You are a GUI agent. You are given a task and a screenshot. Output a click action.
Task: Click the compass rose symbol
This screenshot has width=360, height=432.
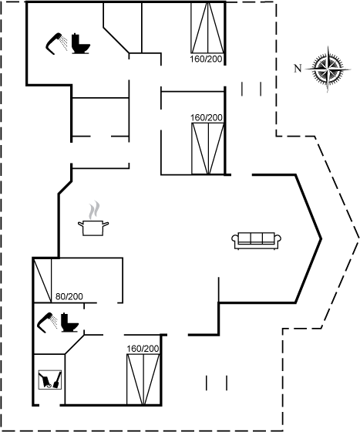coord(328,69)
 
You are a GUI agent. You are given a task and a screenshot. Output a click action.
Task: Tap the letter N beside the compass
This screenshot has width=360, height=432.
coord(298,68)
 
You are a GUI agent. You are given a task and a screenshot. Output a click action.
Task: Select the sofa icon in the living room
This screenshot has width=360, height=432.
coord(257,241)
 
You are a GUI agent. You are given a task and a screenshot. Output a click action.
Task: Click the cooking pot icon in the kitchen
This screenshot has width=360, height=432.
coord(93,228)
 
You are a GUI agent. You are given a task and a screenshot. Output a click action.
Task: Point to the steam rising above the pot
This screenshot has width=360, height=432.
coord(94,210)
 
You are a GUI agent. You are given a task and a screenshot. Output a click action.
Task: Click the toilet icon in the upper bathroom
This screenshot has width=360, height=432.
coord(81,43)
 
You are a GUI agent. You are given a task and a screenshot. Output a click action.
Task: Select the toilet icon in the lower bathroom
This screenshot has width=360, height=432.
coord(70,322)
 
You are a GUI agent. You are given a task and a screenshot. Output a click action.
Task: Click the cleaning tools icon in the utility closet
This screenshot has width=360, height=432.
coord(50,380)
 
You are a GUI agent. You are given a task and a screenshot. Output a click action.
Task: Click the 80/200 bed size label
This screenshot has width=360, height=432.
coord(69,297)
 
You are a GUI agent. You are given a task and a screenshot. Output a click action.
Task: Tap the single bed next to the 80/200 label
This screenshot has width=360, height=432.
coord(42,280)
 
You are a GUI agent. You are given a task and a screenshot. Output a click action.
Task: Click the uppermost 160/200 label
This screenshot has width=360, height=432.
coord(206,59)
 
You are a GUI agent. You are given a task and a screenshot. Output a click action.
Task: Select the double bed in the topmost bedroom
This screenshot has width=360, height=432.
coord(208,27)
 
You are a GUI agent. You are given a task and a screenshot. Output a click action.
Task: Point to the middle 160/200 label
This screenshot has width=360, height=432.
coord(207,117)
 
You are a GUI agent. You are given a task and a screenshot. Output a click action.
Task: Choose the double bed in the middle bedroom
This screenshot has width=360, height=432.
coord(208,149)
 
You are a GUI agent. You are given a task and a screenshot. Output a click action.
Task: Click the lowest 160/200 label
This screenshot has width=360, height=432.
coord(143,349)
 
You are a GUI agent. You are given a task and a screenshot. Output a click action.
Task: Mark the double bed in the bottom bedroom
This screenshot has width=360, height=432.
coord(143,380)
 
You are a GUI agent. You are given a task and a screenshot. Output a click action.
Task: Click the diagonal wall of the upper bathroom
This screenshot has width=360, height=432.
coord(116,40)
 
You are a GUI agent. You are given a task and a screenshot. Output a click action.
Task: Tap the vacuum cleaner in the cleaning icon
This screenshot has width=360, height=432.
coord(45,380)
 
